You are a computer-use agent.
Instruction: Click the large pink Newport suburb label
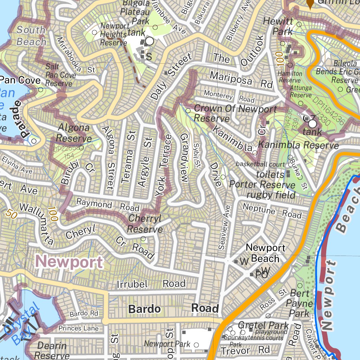click(x=70, y=262)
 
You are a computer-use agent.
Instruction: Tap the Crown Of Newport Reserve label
click(x=235, y=113)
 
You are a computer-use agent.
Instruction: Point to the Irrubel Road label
click(x=151, y=284)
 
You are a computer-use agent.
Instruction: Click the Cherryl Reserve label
click(x=145, y=224)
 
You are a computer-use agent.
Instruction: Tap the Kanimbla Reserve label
click(x=298, y=145)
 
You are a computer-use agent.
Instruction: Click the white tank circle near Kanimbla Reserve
click(x=312, y=124)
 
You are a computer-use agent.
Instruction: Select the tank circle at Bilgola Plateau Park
click(x=149, y=41)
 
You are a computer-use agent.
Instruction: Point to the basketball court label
click(x=260, y=164)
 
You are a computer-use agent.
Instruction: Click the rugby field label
click(x=271, y=194)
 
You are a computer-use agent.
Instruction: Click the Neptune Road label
click(x=272, y=211)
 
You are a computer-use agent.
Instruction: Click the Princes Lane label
click(x=78, y=328)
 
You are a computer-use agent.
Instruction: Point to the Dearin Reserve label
click(x=52, y=351)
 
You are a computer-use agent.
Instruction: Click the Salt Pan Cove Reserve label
click(x=59, y=75)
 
